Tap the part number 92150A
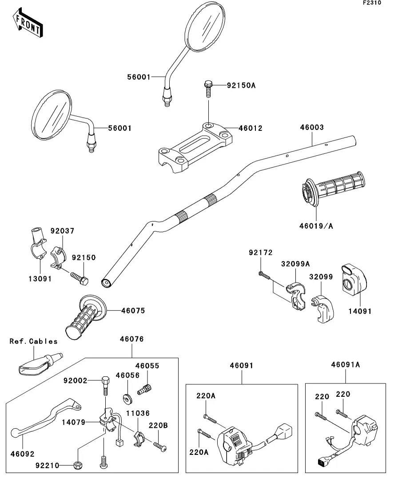[x=242, y=85]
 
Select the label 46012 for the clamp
[x=251, y=129]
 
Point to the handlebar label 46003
[x=312, y=127]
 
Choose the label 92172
[x=260, y=253]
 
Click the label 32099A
[x=295, y=264]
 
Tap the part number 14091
[x=360, y=311]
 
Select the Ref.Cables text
[x=34, y=341]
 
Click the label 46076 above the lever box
[x=132, y=339]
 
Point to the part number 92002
[x=75, y=380]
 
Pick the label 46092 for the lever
[x=23, y=454]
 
